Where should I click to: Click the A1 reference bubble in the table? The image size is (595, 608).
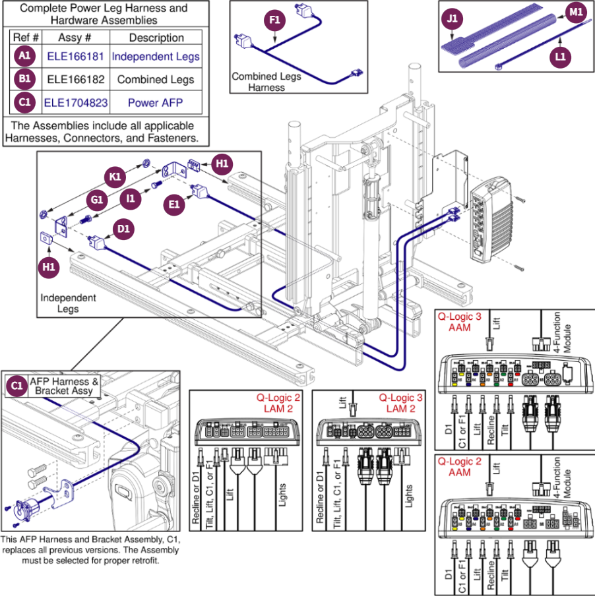tap(24, 57)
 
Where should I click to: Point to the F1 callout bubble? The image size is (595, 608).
tap(274, 21)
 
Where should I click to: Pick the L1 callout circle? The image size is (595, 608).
tap(559, 57)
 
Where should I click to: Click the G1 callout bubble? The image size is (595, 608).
tap(96, 199)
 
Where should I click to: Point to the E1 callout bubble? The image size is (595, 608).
tap(174, 205)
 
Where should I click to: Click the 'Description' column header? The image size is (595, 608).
tap(156, 38)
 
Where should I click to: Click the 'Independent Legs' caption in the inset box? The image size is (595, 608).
tap(69, 303)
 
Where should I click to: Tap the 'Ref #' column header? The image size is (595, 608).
tap(26, 38)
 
